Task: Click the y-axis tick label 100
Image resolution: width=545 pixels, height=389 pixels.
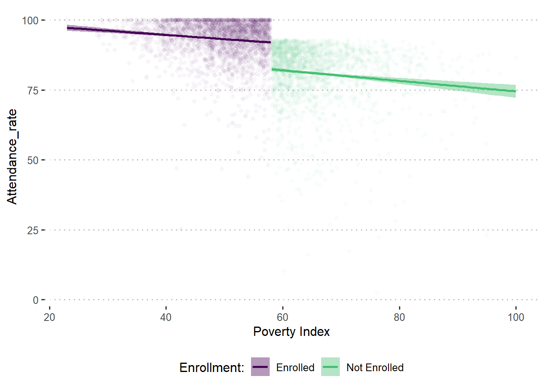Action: click(x=30, y=20)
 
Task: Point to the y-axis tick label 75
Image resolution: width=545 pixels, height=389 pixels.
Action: click(x=33, y=90)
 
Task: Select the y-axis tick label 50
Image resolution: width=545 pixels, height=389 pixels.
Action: click(x=33, y=160)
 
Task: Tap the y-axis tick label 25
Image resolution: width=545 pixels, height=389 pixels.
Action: click(x=33, y=230)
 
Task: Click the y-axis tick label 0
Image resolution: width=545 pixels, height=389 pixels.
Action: click(x=36, y=300)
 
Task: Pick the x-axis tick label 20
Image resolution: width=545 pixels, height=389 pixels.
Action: click(x=49, y=317)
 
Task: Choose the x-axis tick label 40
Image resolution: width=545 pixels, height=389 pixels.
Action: click(x=166, y=317)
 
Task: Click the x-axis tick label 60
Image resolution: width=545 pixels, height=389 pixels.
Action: click(x=283, y=317)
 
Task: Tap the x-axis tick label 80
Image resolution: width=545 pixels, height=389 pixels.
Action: click(x=399, y=317)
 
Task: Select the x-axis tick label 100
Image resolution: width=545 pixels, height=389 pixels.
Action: click(x=516, y=317)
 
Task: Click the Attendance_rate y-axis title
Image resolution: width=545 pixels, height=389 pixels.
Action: click(x=12, y=156)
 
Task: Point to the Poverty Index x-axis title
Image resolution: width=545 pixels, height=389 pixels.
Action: click(x=291, y=331)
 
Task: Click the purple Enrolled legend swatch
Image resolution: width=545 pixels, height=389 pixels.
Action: click(x=260, y=367)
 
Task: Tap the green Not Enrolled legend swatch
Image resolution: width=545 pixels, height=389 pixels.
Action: click(x=330, y=367)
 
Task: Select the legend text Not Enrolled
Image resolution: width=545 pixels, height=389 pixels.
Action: click(x=375, y=368)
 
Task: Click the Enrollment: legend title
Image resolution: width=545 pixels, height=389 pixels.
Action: click(x=212, y=368)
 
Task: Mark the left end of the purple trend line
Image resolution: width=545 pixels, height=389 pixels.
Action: click(x=67, y=28)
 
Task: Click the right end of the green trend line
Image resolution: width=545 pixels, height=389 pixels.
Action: click(x=515, y=92)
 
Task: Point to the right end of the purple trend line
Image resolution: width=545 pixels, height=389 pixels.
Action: click(x=270, y=42)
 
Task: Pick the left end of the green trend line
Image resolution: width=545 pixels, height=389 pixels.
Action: click(x=272, y=70)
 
